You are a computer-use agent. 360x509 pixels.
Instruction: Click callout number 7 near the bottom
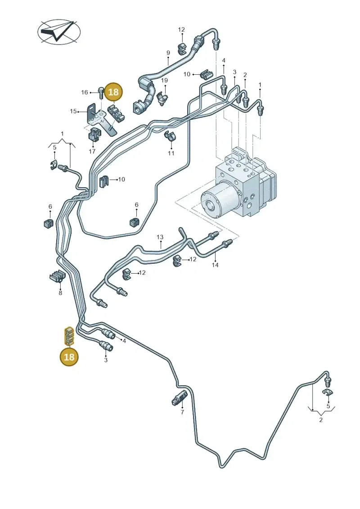182,412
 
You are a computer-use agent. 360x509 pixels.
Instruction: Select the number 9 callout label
168,53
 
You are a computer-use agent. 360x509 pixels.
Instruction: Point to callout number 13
160,237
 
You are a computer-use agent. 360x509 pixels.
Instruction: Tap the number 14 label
215,265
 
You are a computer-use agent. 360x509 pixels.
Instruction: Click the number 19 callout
165,80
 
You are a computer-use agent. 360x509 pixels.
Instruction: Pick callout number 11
171,153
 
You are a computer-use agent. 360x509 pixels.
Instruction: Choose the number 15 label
73,111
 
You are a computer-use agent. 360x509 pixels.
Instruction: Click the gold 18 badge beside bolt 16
113,92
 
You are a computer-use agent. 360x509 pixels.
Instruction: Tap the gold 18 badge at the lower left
69,357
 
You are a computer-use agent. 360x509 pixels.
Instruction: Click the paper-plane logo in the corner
59,32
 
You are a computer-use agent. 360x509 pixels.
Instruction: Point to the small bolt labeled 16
101,93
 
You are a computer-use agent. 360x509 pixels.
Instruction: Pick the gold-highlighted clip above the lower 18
68,336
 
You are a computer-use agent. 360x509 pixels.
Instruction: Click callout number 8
60,293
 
